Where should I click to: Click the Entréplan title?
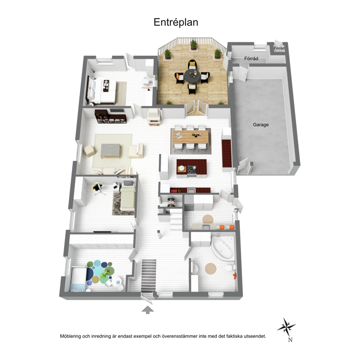pyautogui.click(x=176, y=22)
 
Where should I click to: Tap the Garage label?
pyautogui.click(x=261, y=125)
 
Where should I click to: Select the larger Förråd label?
pyautogui.click(x=251, y=58)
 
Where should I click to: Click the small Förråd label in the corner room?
pyautogui.click(x=279, y=48)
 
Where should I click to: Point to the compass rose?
pyautogui.click(x=286, y=326)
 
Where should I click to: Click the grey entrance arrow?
pyautogui.click(x=148, y=310)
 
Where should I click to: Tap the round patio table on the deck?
pyautogui.click(x=192, y=76)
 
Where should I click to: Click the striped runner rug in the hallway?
pyautogui.click(x=148, y=275)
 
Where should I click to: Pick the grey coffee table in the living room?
pyautogui.click(x=110, y=151)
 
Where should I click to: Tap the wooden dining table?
pyautogui.click(x=191, y=137)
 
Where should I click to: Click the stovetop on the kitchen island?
pyautogui.click(x=192, y=170)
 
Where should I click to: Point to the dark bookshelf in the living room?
pyautogui.click(x=111, y=116)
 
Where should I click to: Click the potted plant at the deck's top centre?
pyautogui.click(x=193, y=45)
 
